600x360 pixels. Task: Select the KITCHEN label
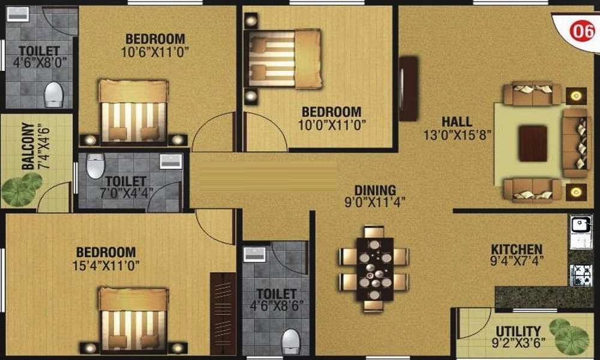517,249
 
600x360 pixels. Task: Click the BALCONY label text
27,146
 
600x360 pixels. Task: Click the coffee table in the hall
533,143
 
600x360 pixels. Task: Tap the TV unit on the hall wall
409,89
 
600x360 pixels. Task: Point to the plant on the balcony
22,189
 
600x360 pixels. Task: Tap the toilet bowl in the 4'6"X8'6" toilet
291,340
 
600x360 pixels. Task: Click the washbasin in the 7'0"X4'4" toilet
170,160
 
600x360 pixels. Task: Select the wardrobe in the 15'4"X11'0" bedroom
223,313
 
